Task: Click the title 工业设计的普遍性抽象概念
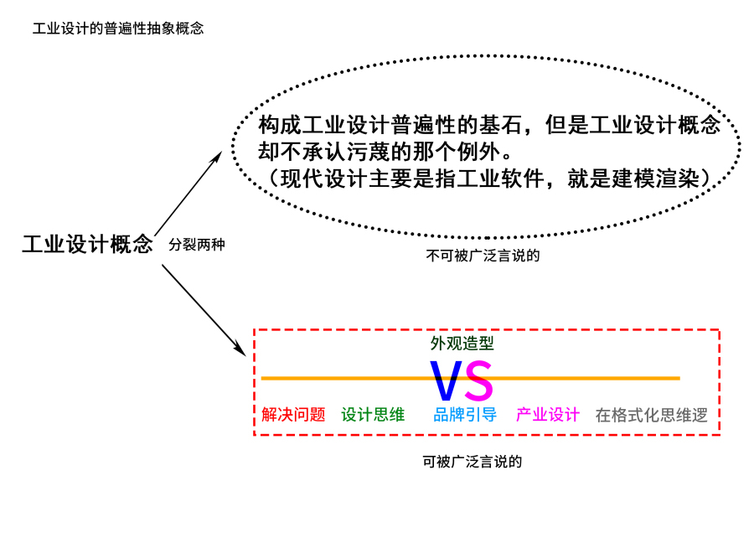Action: point(118,28)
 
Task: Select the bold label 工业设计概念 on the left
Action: point(87,244)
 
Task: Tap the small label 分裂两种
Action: point(197,245)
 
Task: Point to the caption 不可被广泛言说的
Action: point(483,256)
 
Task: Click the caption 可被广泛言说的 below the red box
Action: point(473,461)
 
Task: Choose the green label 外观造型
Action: point(462,343)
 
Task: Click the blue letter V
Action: point(445,381)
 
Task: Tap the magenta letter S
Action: point(478,381)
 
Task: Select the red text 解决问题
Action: point(293,414)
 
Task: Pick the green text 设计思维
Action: point(373,414)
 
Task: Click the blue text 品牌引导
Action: point(465,414)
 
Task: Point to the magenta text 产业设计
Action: point(548,414)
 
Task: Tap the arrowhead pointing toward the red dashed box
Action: point(240,348)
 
